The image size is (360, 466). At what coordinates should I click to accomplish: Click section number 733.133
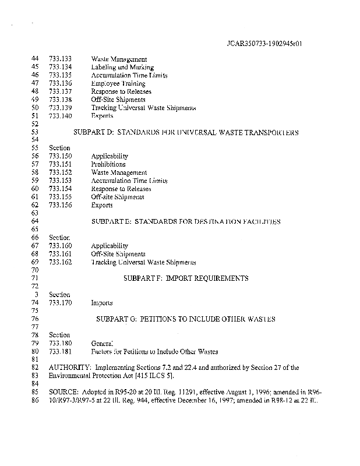(61, 59)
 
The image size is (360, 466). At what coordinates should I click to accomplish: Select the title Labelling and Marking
(118, 67)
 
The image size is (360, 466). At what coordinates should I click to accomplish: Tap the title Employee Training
(118, 83)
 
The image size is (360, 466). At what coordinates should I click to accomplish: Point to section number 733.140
(61, 116)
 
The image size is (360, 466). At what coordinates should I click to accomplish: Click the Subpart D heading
(186, 132)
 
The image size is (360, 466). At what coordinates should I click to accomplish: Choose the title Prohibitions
(108, 164)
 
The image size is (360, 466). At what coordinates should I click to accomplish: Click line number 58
(34, 173)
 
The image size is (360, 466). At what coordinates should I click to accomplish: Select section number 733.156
(61, 205)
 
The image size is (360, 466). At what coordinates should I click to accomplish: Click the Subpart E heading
(186, 222)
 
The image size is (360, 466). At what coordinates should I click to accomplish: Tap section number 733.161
(61, 254)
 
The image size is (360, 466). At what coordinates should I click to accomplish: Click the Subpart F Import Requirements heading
(186, 278)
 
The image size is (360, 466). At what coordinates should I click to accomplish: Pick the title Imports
(102, 303)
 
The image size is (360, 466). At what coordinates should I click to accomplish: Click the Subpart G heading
(186, 319)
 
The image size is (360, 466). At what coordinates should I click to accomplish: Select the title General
(102, 344)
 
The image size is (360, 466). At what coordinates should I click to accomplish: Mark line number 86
(34, 401)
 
